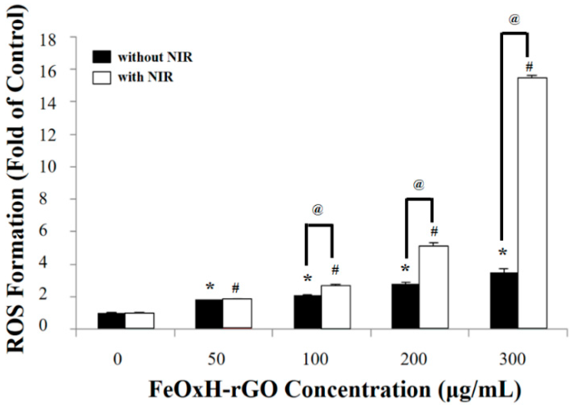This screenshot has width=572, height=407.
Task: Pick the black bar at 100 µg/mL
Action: point(308,312)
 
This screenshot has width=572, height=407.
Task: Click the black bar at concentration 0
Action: point(111,320)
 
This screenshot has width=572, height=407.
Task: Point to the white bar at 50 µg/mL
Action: point(237,313)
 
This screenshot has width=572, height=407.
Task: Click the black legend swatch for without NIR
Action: point(102,57)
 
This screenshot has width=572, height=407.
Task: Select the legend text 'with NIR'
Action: point(146,77)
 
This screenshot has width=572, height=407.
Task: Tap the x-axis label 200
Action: point(413,359)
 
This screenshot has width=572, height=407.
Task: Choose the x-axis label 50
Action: point(217,359)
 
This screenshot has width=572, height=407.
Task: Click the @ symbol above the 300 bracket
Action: point(514,20)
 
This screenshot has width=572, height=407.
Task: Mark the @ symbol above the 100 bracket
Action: point(318,209)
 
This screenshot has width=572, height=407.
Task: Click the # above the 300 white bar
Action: point(529,67)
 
